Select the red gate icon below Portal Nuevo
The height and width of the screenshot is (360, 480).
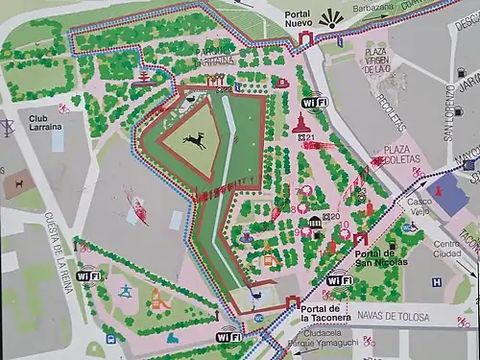(x=306, y=38)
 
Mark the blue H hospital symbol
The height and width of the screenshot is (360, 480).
(x=437, y=282)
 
